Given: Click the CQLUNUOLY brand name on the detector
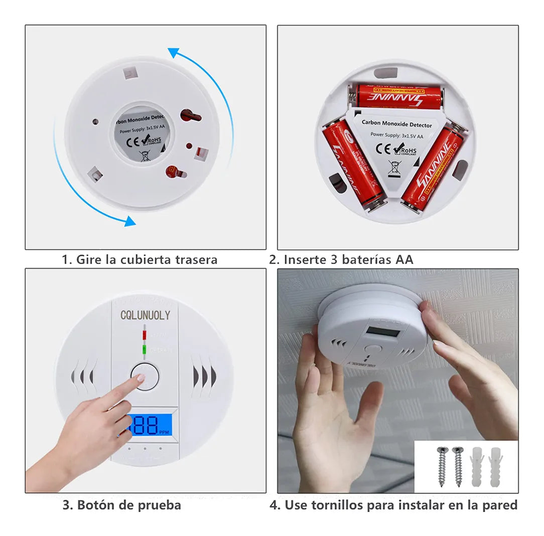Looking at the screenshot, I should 145,315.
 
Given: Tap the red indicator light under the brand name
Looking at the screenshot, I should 145,334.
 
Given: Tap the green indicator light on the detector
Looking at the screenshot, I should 145,348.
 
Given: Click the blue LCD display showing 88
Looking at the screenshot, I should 148,425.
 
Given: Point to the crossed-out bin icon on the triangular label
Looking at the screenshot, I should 394,167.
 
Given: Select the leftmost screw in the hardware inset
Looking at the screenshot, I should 442,466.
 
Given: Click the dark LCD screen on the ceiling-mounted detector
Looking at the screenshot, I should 383,331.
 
